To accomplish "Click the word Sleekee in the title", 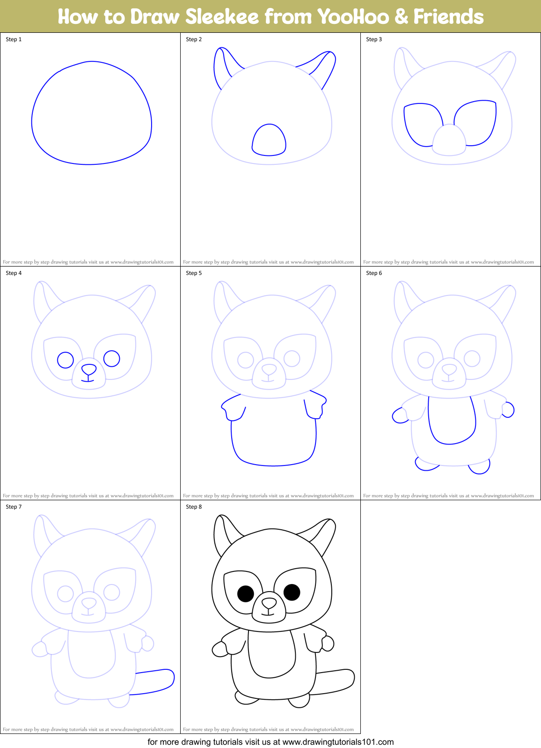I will [222, 17].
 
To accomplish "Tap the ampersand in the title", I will [401, 17].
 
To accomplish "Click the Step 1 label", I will [14, 39].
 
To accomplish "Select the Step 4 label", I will [14, 273].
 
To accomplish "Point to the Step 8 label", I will [194, 507].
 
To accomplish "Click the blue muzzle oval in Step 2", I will [269, 140].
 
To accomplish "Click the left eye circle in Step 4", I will [66, 360].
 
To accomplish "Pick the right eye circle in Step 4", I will [112, 358].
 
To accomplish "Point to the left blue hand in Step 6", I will [400, 415].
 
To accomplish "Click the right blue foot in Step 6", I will [480, 467].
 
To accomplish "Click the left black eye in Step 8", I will [246, 594].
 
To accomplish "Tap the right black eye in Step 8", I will [292, 592].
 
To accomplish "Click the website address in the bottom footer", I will [338, 742].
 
